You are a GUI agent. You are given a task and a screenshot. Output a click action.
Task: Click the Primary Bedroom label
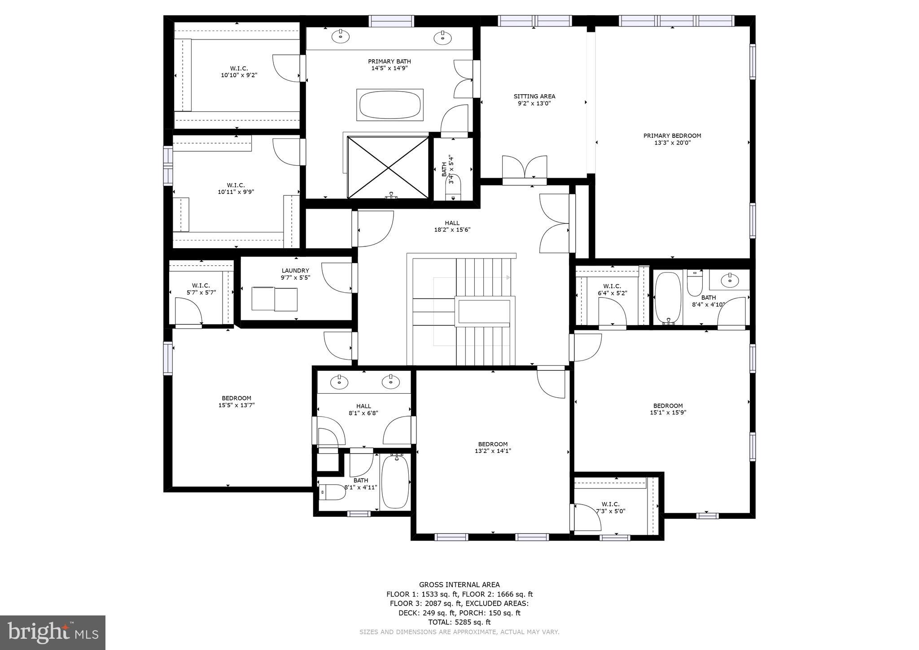tap(672, 139)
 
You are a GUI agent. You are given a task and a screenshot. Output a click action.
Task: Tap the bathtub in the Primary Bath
tap(389, 105)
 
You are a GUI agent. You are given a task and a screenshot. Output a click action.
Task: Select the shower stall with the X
tap(388, 167)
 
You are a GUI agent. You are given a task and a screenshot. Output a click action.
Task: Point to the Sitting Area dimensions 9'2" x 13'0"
tap(534, 103)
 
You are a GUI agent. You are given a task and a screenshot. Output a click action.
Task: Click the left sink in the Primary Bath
tap(341, 36)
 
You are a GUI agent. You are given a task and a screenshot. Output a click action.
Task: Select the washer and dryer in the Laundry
tap(274, 299)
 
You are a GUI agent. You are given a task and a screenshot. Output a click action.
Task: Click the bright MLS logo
tap(53, 632)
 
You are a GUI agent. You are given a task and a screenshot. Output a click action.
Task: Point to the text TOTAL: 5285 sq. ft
tap(459, 622)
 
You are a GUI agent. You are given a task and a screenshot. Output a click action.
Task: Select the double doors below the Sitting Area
tap(524, 169)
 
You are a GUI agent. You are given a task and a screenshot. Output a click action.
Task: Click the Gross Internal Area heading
tap(459, 584)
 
